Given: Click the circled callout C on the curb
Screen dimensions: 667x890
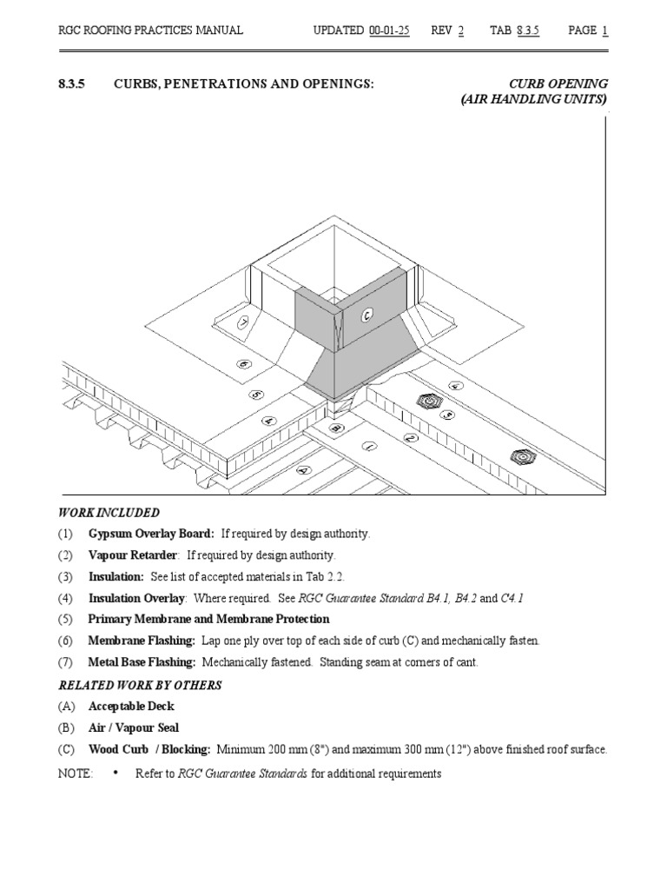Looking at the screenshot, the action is pyautogui.click(x=367, y=316).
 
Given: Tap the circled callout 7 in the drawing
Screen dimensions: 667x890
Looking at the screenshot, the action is pyautogui.click(x=243, y=322).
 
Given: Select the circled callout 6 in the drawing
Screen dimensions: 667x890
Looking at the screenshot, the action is pyautogui.click(x=244, y=364).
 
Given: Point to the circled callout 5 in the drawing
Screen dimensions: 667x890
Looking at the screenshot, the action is pyautogui.click(x=256, y=394).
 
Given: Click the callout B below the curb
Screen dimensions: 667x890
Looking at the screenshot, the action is pyautogui.click(x=336, y=428).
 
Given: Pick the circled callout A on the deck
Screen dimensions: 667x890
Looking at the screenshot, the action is pyautogui.click(x=303, y=469).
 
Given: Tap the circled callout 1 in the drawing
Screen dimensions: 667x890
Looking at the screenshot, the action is pyautogui.click(x=370, y=447).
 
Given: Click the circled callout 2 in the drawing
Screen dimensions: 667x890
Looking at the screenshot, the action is pyautogui.click(x=411, y=438).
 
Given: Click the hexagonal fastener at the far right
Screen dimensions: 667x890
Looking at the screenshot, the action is pyautogui.click(x=522, y=455).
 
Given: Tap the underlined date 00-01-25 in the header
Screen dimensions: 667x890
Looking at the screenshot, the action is pyautogui.click(x=389, y=30).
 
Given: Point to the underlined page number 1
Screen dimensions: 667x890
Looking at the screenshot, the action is pyautogui.click(x=604, y=30).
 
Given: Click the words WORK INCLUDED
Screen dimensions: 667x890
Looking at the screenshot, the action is pyautogui.click(x=109, y=513).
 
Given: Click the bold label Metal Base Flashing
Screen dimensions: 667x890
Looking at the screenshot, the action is pyautogui.click(x=142, y=663).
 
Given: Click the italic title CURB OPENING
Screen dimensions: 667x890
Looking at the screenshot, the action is pyautogui.click(x=558, y=83).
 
